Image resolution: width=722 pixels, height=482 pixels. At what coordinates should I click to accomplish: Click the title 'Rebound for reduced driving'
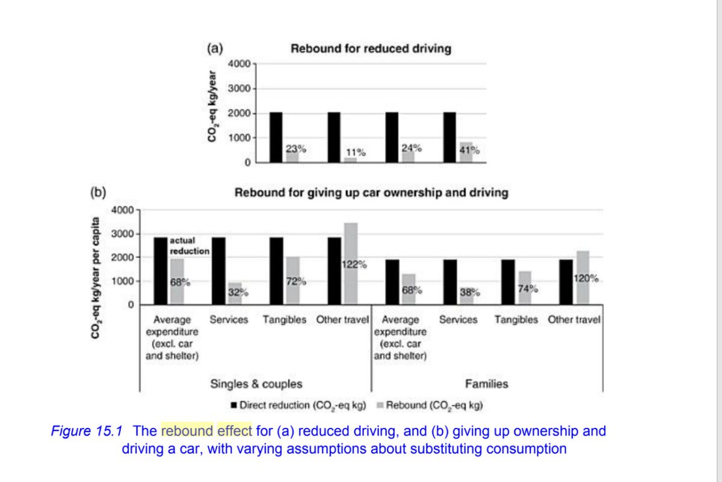tap(371, 49)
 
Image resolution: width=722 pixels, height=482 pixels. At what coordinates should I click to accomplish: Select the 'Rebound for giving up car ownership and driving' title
tap(371, 193)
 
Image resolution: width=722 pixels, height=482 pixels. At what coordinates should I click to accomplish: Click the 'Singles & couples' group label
tap(256, 384)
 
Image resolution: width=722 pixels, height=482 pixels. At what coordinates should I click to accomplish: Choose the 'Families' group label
tap(486, 384)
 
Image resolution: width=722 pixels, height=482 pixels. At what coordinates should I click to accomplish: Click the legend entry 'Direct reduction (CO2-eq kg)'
tap(299, 405)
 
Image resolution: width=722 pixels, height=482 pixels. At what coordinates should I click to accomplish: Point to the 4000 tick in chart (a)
tap(241, 64)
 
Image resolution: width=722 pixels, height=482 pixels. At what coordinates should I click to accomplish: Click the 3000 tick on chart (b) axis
tap(122, 234)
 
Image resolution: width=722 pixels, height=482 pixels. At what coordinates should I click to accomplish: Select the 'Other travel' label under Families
tap(573, 320)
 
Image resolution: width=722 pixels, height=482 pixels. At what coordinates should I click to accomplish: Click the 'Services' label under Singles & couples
tap(229, 320)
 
